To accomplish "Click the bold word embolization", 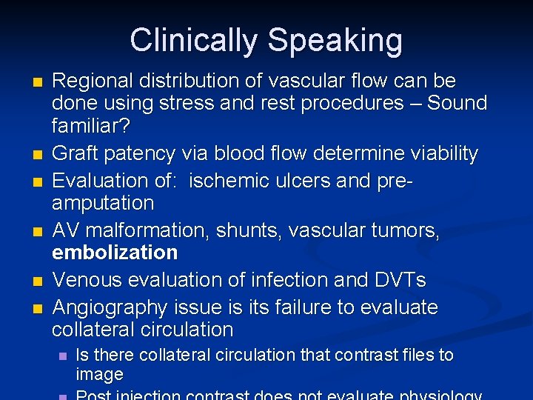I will [115, 253].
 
